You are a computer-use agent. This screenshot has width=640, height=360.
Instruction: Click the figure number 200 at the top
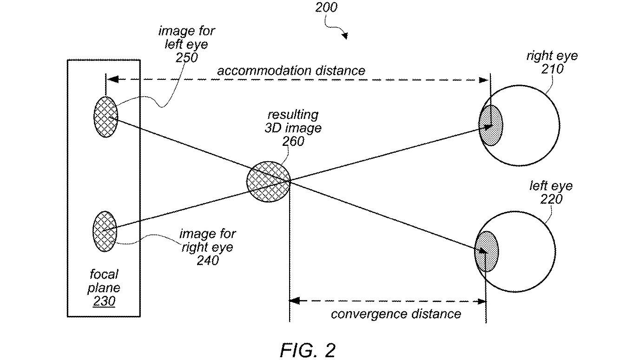tap(326, 7)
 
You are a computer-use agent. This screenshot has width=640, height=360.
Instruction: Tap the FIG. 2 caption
tap(308, 350)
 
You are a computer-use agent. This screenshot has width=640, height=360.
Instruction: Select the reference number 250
tap(186, 58)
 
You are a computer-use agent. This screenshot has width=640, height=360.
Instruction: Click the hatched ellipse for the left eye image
tap(106, 117)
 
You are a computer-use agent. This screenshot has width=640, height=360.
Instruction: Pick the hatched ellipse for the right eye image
tap(105, 231)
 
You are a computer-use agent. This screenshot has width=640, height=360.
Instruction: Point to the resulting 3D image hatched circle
tap(269, 182)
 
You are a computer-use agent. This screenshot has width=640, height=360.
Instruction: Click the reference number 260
tap(293, 141)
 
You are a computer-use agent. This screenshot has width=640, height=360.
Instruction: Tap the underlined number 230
tap(104, 301)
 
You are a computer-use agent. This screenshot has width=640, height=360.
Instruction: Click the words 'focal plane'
tap(104, 281)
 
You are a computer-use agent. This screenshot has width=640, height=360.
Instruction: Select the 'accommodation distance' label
tap(291, 71)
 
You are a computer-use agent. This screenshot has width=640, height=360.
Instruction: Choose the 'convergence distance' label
tap(396, 314)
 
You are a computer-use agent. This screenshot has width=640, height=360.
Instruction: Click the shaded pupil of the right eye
tap(490, 125)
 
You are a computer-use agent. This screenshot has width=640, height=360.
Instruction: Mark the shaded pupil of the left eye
tap(487, 251)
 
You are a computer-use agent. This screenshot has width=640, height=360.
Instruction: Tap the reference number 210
tap(552, 69)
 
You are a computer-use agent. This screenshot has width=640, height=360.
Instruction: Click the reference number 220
tap(551, 199)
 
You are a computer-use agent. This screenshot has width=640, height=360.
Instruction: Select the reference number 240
tap(208, 261)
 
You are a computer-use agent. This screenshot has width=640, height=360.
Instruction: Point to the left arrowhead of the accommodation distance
tap(112, 79)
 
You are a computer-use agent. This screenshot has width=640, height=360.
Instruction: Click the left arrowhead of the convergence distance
tap(295, 301)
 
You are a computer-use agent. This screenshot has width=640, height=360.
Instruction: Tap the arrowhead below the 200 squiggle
tap(345, 36)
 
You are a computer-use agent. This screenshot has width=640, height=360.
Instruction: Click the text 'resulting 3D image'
tap(293, 121)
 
